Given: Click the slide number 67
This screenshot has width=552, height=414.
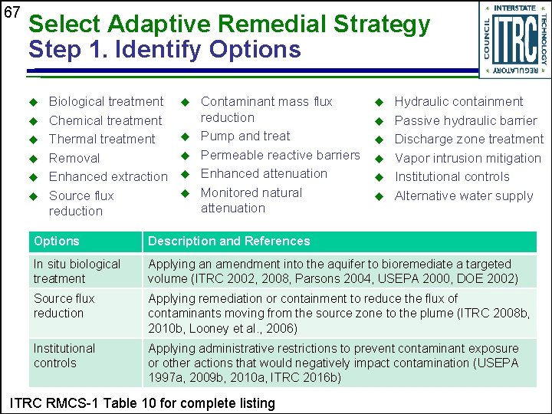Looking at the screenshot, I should tap(11, 12).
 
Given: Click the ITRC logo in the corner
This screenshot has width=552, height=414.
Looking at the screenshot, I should tap(514, 38).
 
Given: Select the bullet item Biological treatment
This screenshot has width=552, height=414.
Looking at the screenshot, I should tap(106, 101).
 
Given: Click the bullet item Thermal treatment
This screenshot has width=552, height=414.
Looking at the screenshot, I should tap(102, 139).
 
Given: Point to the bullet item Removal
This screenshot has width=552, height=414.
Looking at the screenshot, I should tap(74, 158).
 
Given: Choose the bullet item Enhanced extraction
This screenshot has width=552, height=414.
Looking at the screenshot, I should tap(108, 176).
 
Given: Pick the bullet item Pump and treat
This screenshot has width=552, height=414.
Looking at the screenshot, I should tap(245, 136).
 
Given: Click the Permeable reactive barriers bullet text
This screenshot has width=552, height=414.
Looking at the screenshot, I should tap(280, 155).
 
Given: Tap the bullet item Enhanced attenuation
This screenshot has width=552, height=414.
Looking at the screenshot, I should tap(264, 173).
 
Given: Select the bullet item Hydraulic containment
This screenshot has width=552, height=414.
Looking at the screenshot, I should tap(458, 101).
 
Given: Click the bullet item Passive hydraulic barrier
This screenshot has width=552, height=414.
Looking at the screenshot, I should tap(465, 120).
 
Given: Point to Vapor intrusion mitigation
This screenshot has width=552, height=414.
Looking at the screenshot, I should tap(468, 158).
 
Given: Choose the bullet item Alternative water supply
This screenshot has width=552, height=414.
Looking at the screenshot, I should tap(463, 195).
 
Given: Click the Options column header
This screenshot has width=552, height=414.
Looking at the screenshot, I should tap(57, 241).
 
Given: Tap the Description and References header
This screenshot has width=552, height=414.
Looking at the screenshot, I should tap(228, 241).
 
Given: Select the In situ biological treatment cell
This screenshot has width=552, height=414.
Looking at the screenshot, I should tap(77, 271).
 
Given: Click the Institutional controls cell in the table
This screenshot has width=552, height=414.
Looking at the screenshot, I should tap(64, 355).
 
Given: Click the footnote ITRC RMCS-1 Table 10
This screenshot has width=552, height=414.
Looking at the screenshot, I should tap(140, 402).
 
